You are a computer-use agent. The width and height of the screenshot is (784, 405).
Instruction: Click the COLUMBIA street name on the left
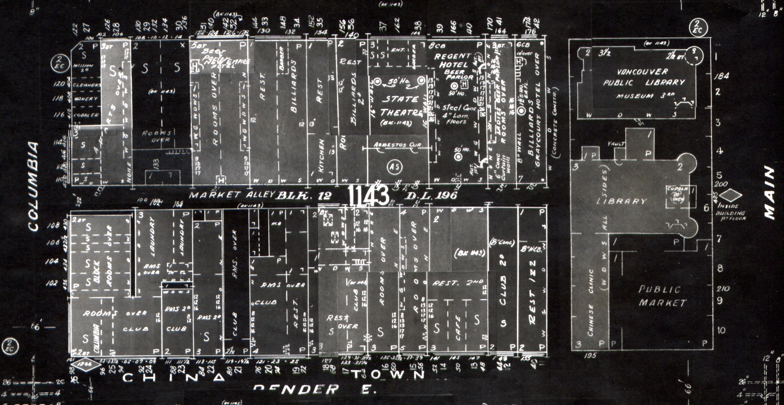[34, 186]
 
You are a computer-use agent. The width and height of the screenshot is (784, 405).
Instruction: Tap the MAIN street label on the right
[769, 193]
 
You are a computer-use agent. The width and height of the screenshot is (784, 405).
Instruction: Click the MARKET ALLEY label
[232, 195]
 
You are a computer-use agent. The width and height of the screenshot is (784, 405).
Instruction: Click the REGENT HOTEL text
[452, 60]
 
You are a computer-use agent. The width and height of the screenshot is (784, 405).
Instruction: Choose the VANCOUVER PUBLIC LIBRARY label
[643, 77]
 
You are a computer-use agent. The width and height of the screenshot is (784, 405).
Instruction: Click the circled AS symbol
[395, 167]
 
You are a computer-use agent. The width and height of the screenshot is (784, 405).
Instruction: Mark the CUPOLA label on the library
[677, 189]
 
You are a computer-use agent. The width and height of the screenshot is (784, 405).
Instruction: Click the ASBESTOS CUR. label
[397, 145]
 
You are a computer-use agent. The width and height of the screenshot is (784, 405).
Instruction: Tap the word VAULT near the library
[615, 143]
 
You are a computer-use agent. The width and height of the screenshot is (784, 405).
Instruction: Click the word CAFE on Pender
[458, 328]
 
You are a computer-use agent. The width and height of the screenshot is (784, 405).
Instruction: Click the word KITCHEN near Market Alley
[322, 156]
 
